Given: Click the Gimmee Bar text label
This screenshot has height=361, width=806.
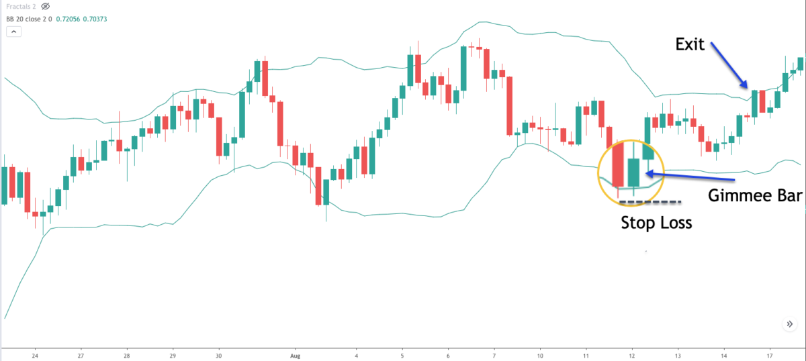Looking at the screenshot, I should pyautogui.click(x=756, y=195).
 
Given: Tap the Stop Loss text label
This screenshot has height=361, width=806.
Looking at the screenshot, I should pyautogui.click(x=656, y=222).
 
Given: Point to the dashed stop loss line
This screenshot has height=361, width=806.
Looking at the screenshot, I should pyautogui.click(x=650, y=201).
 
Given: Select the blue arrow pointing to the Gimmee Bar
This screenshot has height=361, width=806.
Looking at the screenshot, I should pyautogui.click(x=692, y=176).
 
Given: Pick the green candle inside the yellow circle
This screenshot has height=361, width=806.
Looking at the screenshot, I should pyautogui.click(x=633, y=172).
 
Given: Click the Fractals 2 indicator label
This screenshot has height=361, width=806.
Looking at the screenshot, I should pyautogui.click(x=21, y=7).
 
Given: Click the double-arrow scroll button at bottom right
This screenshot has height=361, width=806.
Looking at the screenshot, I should pyautogui.click(x=789, y=324).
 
